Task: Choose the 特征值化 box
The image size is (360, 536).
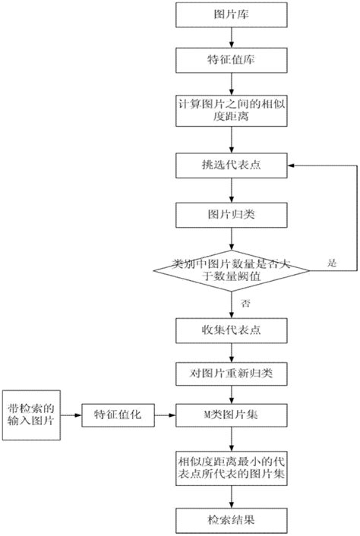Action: point(118,415)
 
